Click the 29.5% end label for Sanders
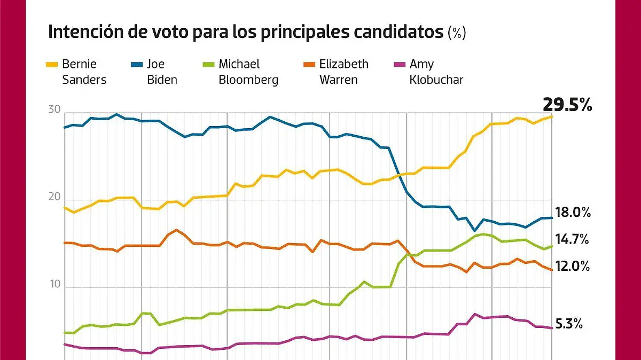[x=567, y=104]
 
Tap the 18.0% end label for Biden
[x=573, y=213]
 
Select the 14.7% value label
[x=572, y=240]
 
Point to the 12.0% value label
[x=573, y=266]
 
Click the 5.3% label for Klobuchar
[x=569, y=324]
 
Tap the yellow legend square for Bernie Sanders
[x=52, y=65]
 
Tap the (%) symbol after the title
[x=457, y=33]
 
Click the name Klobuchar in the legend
[x=436, y=80]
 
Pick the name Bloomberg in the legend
[x=248, y=80]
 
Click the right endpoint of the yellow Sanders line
[x=552, y=116]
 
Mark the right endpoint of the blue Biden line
[x=552, y=217]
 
